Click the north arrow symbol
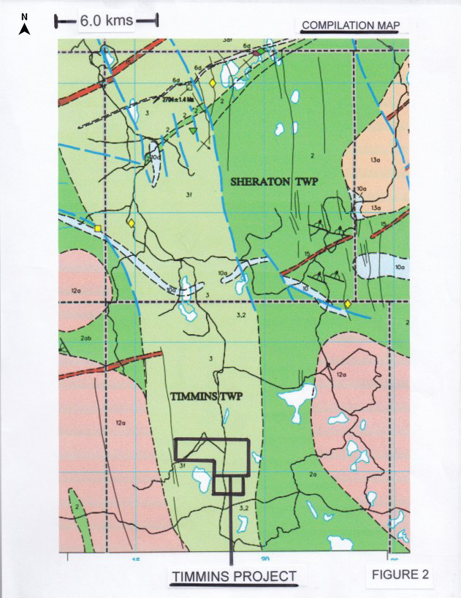24,29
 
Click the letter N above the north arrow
24,16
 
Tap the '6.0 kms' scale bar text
107,21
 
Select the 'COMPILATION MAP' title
351,26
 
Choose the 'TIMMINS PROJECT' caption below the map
234,576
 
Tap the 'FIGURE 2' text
400,574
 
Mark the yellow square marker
97,229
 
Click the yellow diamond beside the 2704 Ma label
213,84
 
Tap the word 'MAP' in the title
388,26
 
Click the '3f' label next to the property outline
182,463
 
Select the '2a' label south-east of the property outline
312,475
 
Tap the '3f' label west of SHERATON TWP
188,195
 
